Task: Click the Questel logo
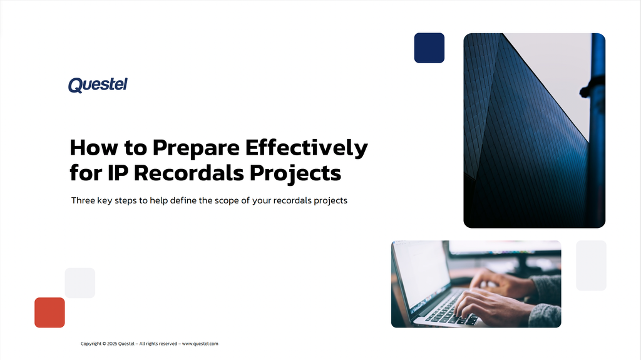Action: (x=98, y=85)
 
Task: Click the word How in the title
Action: (x=90, y=148)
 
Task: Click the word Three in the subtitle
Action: (x=83, y=201)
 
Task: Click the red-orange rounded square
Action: (x=49, y=312)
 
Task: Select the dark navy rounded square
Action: (x=429, y=48)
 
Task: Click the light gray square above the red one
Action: (x=80, y=283)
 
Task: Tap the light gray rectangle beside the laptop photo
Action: (x=591, y=265)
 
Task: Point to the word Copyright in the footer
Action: (x=91, y=344)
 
